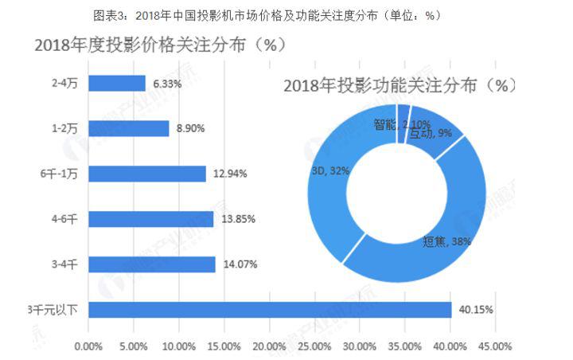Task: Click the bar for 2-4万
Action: [x=116, y=83]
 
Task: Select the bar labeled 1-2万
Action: [x=128, y=128]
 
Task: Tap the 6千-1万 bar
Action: [x=146, y=174]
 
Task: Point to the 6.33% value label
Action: [x=168, y=83]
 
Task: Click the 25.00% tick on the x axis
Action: [x=314, y=346]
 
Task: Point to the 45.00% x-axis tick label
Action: [x=496, y=346]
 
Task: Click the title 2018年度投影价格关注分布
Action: [x=160, y=45]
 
